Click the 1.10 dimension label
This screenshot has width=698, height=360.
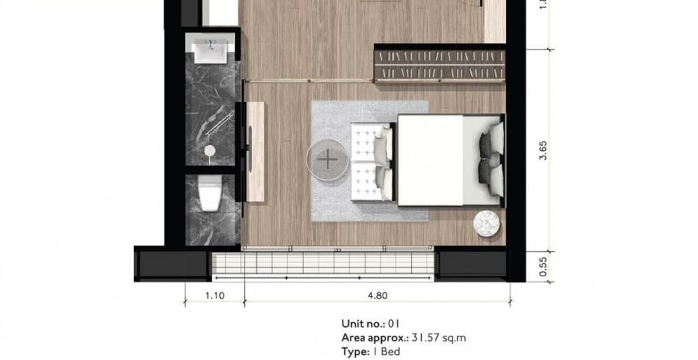coord(215,296)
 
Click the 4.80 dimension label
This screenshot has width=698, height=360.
coord(378,296)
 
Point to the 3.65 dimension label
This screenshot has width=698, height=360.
coord(542,151)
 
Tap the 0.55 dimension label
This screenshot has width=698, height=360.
coord(542,267)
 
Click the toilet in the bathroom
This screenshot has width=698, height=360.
coord(209,193)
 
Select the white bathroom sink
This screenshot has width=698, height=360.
coord(210,50)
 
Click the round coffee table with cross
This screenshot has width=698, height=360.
coord(327,160)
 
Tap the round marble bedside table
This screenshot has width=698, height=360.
coord(487,223)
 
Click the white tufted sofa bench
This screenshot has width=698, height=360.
coord(372,162)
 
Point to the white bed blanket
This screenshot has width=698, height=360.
coord(430,160)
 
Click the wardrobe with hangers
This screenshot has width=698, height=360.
coord(440,63)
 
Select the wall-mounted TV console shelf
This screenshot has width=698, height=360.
coord(255,151)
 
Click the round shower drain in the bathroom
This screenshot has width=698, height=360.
coord(209,151)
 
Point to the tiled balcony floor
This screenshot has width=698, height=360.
coord(322,263)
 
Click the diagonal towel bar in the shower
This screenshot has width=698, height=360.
coord(219,124)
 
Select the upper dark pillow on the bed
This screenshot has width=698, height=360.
coord(486,145)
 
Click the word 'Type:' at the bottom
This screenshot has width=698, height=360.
coord(355,352)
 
